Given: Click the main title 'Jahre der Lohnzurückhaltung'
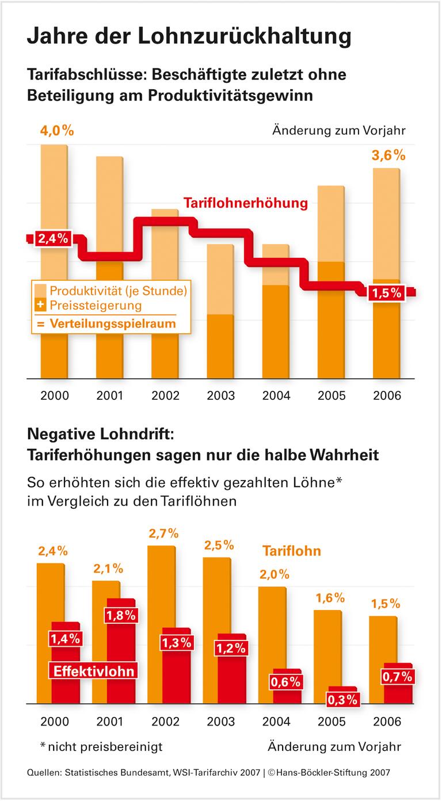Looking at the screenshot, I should tap(189, 36).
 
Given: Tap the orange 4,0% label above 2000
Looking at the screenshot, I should tap(56, 131).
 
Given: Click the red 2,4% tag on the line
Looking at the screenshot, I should tap(53, 238).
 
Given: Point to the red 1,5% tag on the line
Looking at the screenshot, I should tap(387, 293).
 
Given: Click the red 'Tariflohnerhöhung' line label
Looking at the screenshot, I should tap(246, 203).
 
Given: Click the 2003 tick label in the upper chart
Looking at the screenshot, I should tap(221, 396).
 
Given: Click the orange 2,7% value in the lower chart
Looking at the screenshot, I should tap(164, 533).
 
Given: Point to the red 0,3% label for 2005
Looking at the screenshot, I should tap(343, 700).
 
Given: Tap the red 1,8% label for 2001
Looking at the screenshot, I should tap(121, 615).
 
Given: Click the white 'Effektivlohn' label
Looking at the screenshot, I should tap(94, 671).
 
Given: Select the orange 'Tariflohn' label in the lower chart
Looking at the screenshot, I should tap(292, 551).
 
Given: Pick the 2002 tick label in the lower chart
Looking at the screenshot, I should tap(165, 722).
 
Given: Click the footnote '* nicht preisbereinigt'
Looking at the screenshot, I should tap(101, 747).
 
